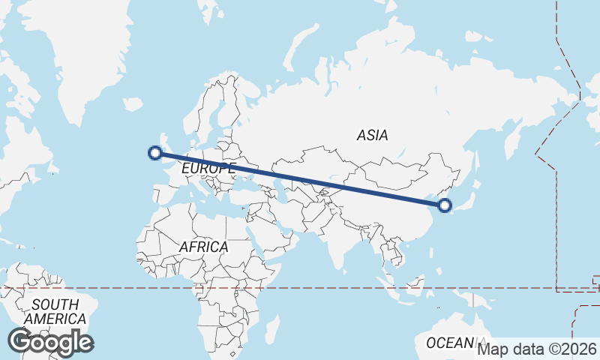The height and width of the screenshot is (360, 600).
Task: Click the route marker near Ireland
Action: pyautogui.click(x=155, y=153)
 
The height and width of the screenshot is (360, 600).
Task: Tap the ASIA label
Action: pyautogui.click(x=373, y=136)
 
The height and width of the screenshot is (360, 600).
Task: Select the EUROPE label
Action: pyautogui.click(x=208, y=169)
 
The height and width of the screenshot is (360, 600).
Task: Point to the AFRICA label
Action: pyautogui.click(x=203, y=247)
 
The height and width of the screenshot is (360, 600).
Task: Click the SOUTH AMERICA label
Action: pyautogui.click(x=55, y=312)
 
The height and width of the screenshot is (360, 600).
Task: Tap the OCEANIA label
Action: pyautogui.click(x=451, y=343)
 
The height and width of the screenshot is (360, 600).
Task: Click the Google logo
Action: pyautogui.click(x=50, y=342)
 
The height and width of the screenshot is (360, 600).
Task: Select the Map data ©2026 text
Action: pyautogui.click(x=537, y=349)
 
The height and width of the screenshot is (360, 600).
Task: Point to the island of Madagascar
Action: pyautogui.click(x=271, y=329)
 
